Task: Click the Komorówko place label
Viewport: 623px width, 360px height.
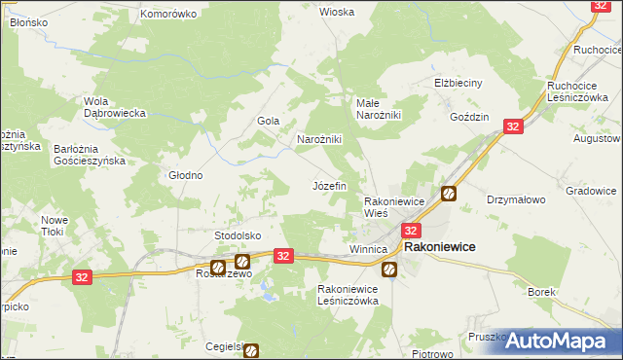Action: pyautogui.click(x=168, y=14)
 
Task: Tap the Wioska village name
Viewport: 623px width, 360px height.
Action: pyautogui.click(x=337, y=12)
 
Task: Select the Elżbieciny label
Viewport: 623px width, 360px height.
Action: pyautogui.click(x=458, y=83)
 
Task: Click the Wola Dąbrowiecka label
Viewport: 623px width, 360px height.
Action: pyautogui.click(x=115, y=107)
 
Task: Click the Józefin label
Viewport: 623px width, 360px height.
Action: pyautogui.click(x=329, y=184)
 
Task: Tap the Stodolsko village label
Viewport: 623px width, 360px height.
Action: pyautogui.click(x=238, y=235)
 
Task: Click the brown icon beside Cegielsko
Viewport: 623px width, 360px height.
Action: pyautogui.click(x=251, y=349)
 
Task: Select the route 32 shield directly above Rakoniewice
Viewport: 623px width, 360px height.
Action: pyautogui.click(x=411, y=231)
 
